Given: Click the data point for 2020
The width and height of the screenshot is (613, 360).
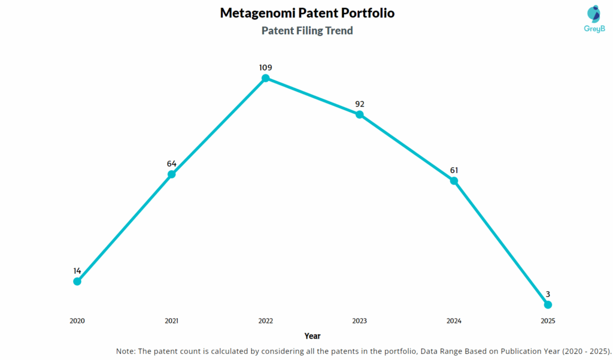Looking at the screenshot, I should (77, 282).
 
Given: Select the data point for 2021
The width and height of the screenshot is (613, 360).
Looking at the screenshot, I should (171, 174).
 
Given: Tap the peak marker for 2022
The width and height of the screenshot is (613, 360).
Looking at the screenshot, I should (266, 78).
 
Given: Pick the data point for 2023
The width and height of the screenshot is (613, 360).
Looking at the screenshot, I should (360, 114).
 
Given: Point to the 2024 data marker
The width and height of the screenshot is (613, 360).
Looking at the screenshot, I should (454, 180).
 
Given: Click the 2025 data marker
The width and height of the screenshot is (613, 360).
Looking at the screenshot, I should (548, 305).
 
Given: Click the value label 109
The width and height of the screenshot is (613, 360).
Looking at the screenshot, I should (266, 68).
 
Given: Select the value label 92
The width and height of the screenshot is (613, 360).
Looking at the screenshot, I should (360, 104).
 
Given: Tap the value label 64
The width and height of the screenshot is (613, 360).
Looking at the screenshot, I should (171, 164).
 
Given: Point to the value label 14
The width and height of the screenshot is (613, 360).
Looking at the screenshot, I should (77, 271).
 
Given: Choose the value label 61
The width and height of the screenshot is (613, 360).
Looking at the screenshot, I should (454, 170).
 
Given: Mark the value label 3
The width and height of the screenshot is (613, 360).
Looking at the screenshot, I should (548, 294).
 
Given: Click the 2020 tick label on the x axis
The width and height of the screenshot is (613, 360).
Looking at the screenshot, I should (77, 321).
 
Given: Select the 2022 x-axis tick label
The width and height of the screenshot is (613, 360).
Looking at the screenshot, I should (266, 321).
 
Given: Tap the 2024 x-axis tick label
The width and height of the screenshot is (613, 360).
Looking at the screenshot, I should (454, 321).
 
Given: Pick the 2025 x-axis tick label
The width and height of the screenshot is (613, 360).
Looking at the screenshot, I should (548, 321).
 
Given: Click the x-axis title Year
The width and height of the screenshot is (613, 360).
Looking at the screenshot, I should (312, 336).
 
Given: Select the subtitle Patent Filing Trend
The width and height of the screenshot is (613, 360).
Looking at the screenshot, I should (307, 31).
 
